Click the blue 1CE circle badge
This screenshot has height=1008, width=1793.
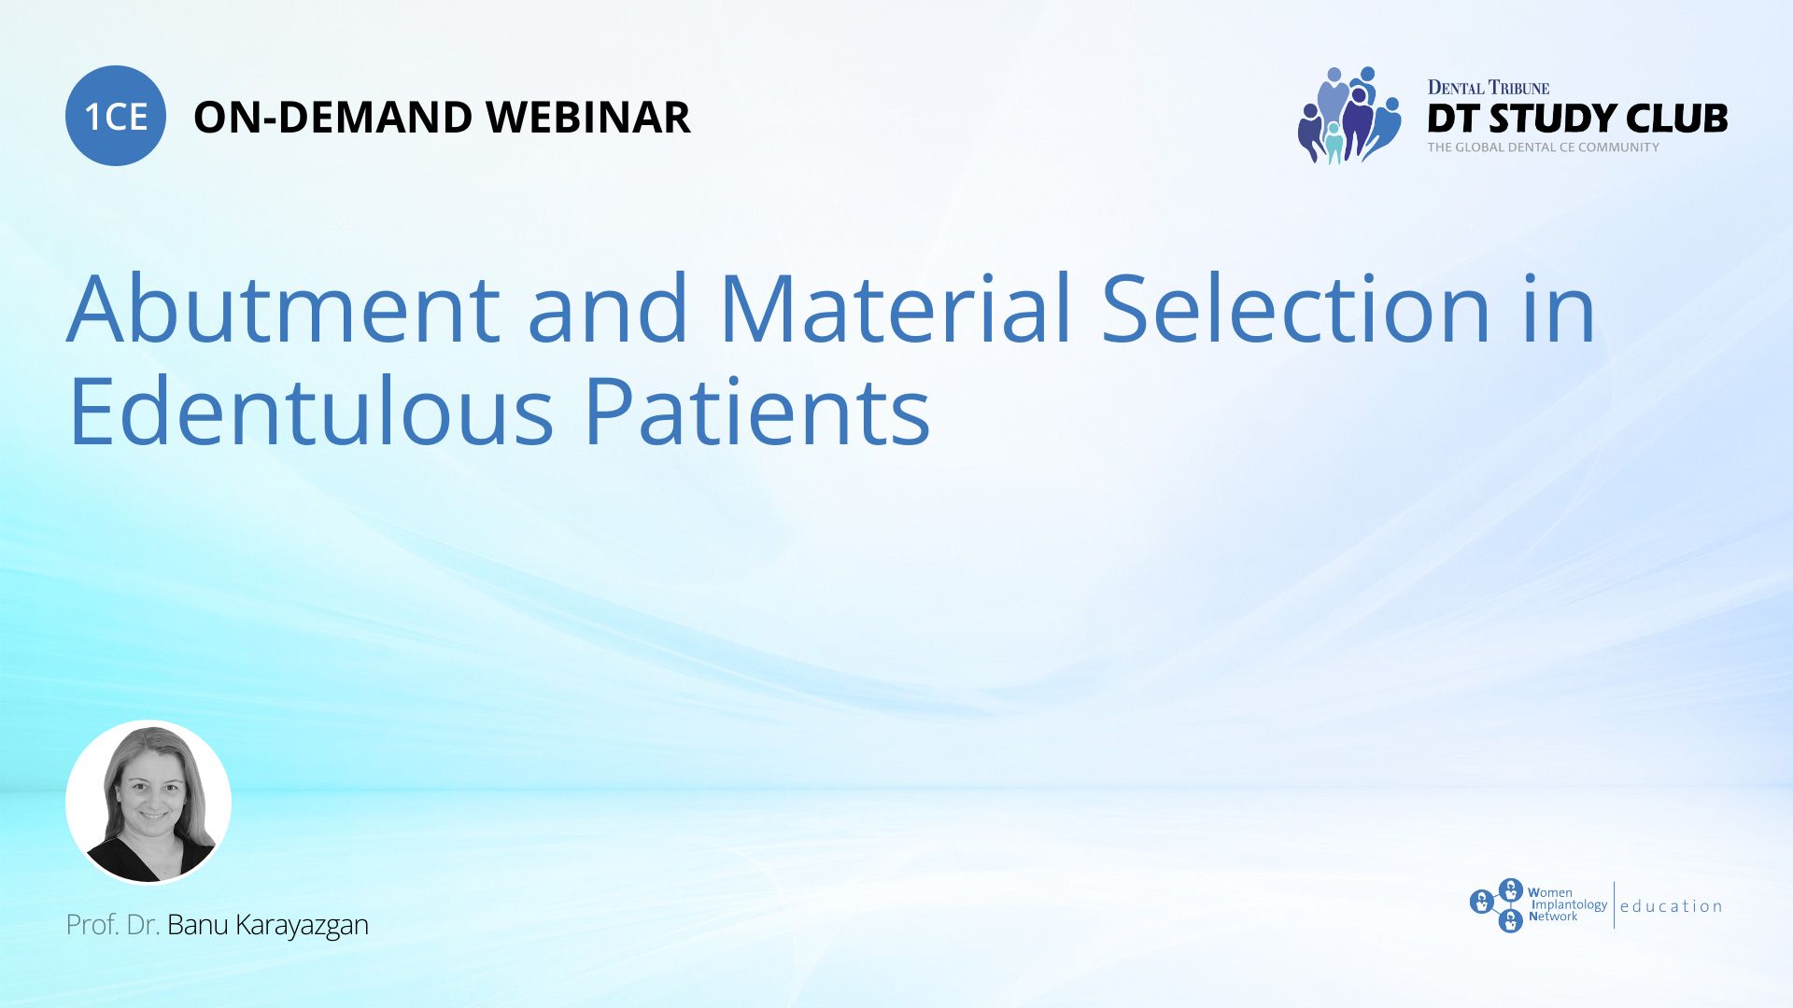[x=116, y=116]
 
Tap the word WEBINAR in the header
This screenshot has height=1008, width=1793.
[x=588, y=118]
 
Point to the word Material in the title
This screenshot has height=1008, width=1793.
[x=896, y=308]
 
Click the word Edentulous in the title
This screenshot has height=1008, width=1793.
[x=312, y=411]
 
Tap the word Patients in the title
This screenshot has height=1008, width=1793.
[x=757, y=411]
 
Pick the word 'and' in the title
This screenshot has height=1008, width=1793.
[x=609, y=308]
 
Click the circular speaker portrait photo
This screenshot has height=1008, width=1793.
[x=148, y=802]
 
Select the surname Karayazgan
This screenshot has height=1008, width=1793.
[x=302, y=926]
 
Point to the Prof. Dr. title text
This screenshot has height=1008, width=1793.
[x=113, y=925]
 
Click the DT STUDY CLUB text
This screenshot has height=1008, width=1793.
[x=1577, y=119]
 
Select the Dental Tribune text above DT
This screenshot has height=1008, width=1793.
[x=1489, y=88]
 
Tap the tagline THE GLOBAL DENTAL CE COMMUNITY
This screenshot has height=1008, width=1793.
[x=1544, y=147]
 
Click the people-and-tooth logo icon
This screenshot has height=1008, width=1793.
[x=1349, y=115]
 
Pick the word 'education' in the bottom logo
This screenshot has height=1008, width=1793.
[x=1672, y=906]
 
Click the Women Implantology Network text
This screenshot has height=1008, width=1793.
[x=1568, y=904]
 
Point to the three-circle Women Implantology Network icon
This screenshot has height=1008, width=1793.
[x=1498, y=905]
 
